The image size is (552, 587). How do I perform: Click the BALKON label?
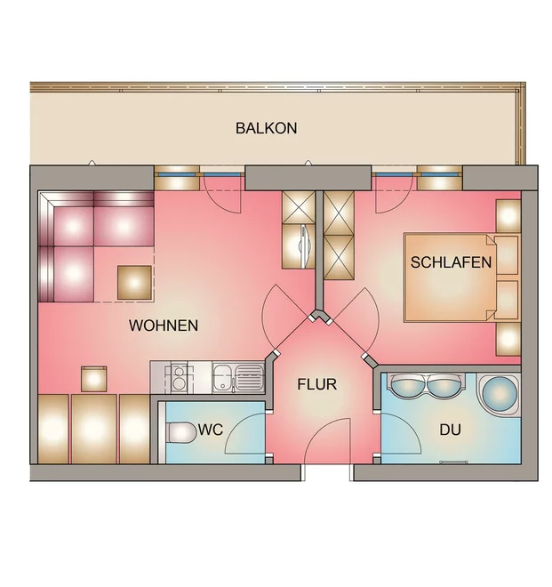(266, 128)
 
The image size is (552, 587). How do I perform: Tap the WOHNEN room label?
(164, 326)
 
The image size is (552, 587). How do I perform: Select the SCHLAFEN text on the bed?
(451, 262)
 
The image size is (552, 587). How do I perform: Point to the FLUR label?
(317, 384)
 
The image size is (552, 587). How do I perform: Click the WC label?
(211, 430)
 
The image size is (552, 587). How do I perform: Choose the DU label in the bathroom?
(450, 430)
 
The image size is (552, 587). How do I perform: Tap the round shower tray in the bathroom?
(500, 394)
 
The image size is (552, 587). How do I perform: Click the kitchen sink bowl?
(223, 377)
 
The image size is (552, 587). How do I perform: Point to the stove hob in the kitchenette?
(180, 377)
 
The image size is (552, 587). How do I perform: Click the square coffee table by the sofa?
(135, 283)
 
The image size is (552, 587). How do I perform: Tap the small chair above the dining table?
(94, 379)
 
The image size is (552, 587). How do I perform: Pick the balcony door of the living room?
(221, 194)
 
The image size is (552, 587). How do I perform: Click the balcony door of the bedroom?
(394, 194)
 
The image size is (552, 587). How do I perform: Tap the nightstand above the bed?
(508, 216)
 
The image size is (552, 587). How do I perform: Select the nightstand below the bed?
(508, 339)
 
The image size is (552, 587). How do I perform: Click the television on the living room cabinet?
(304, 246)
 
